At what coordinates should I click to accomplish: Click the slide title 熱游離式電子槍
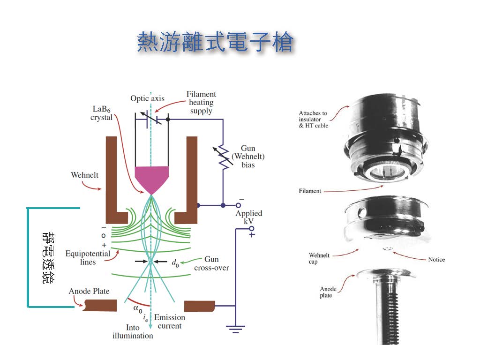pyautogui.click(x=215, y=43)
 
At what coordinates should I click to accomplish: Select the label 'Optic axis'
pyautogui.click(x=147, y=98)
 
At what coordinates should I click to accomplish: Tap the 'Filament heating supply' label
pyautogui.click(x=201, y=102)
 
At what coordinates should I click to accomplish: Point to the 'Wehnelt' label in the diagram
pyautogui.click(x=84, y=175)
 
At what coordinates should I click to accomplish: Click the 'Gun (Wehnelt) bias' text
pyautogui.click(x=248, y=157)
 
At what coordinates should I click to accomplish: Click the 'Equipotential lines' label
pyautogui.click(x=88, y=258)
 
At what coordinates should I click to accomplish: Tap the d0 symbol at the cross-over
pyautogui.click(x=175, y=264)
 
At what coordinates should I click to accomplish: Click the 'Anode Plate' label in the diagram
pyautogui.click(x=89, y=292)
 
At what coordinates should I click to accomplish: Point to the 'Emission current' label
pyautogui.click(x=170, y=322)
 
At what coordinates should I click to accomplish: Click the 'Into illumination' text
pyautogui.click(x=133, y=331)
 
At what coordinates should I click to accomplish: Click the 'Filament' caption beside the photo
pyautogui.click(x=310, y=191)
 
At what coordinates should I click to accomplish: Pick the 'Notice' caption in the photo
pyautogui.click(x=436, y=260)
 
